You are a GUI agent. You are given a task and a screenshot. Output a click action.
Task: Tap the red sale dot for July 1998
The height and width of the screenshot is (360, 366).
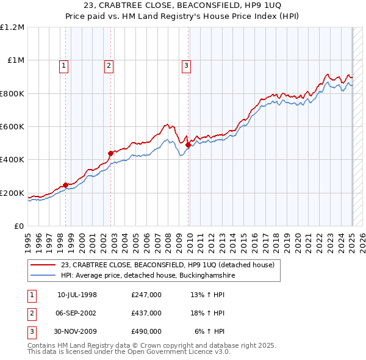point(65,185)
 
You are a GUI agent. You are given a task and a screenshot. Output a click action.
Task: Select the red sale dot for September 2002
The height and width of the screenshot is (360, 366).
point(110,153)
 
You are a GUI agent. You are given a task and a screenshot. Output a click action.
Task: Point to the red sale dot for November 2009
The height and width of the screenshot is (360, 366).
point(188,145)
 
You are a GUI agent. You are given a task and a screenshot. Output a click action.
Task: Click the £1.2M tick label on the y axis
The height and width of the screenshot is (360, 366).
point(13,27)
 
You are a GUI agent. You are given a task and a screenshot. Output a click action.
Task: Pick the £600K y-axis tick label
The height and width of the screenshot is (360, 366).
point(12,127)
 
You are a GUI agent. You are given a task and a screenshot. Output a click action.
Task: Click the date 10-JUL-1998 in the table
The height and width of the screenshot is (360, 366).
point(77,295)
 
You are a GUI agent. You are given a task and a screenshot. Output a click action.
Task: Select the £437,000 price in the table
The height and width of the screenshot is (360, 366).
point(146,313)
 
